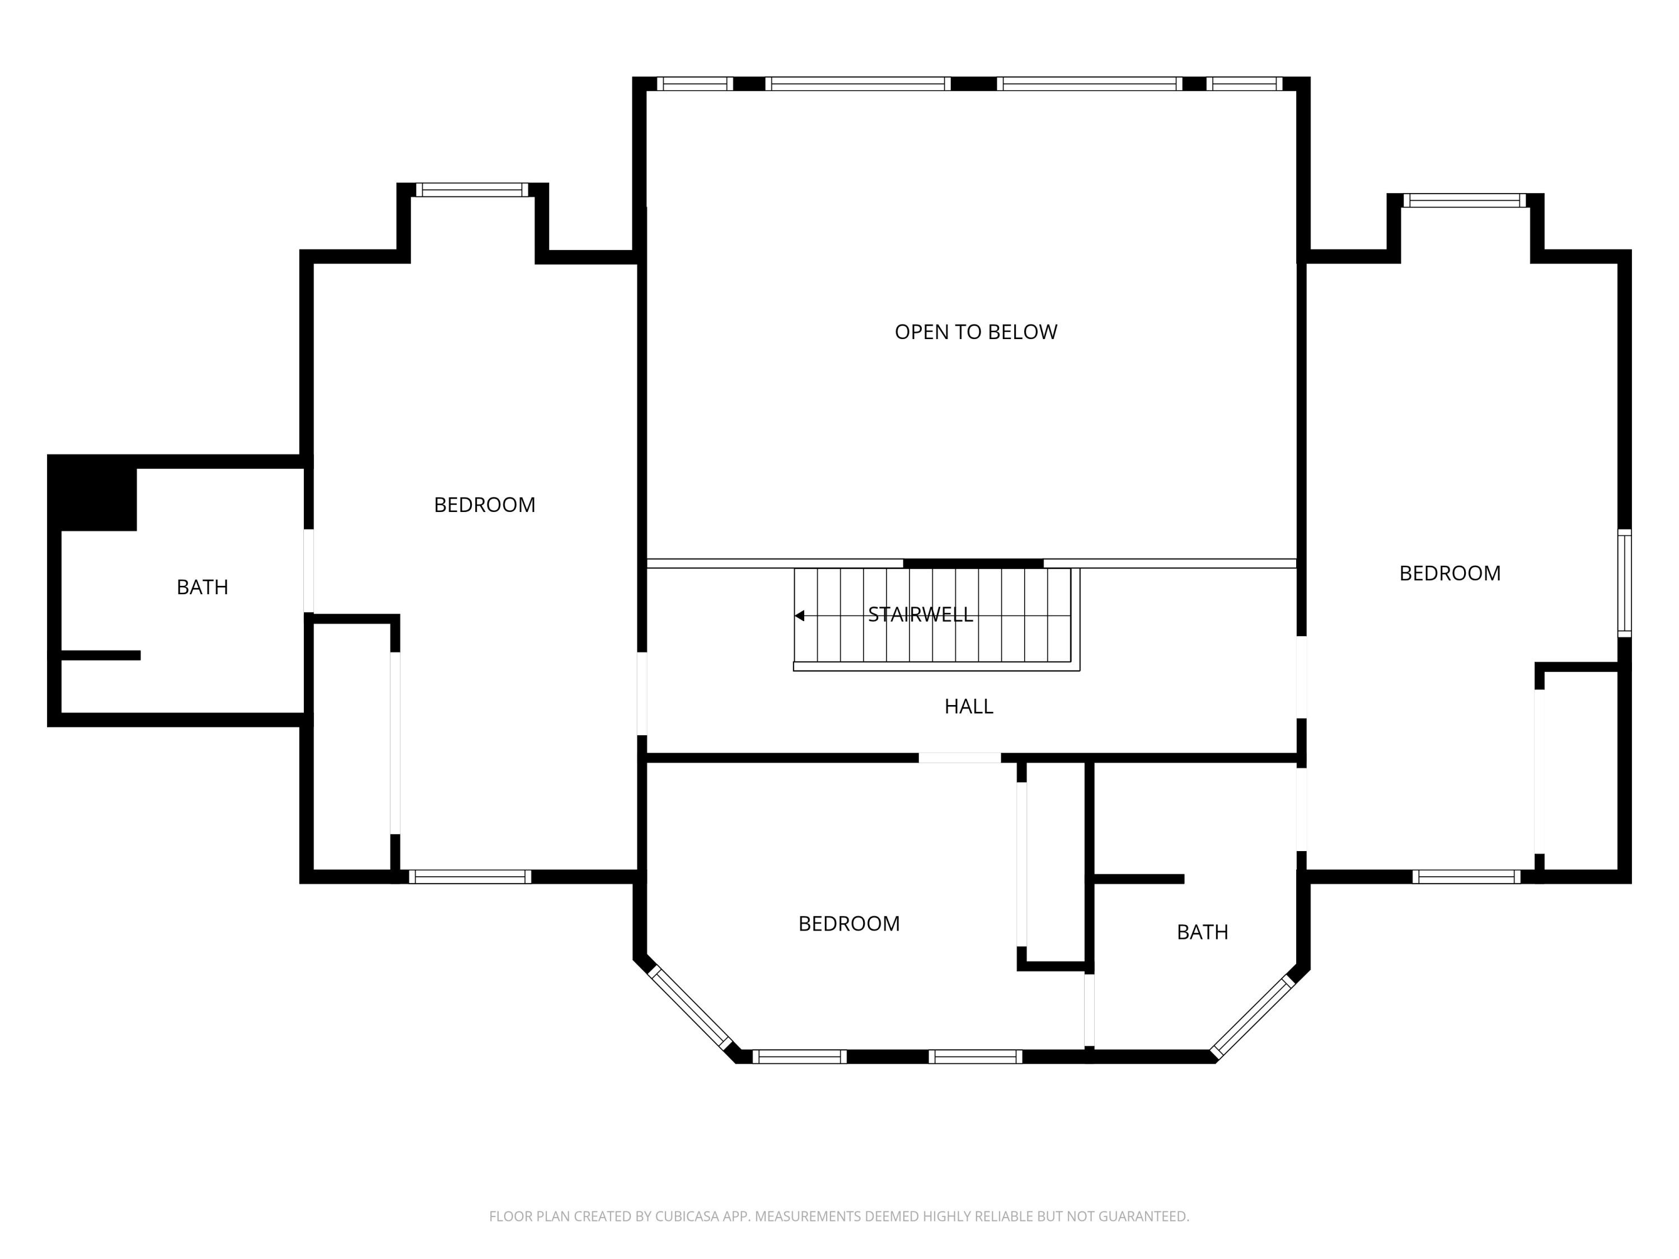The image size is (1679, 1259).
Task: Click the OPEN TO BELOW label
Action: pyautogui.click(x=975, y=332)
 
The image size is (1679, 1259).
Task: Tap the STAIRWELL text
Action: pyautogui.click(x=920, y=615)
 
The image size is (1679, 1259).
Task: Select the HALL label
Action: pyautogui.click(x=969, y=707)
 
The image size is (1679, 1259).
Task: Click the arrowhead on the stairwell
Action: pyautogui.click(x=799, y=616)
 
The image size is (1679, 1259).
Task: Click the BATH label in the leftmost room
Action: pyautogui.click(x=202, y=588)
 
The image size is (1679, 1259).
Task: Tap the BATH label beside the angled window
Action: pyautogui.click(x=1202, y=932)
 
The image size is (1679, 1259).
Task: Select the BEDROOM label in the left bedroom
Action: pyautogui.click(x=484, y=505)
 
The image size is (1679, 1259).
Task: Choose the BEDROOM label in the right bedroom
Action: pyautogui.click(x=1450, y=573)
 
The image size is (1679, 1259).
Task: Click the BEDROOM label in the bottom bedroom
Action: pyautogui.click(x=848, y=924)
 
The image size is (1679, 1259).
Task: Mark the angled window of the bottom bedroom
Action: pyautogui.click(x=689, y=1007)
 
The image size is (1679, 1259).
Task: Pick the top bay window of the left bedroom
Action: pyautogui.click(x=472, y=190)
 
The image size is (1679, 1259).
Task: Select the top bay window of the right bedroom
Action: pyautogui.click(x=1464, y=200)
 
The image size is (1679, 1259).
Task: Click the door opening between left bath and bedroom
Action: pyautogui.click(x=308, y=571)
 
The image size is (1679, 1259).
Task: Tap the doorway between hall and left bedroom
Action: pyautogui.click(x=641, y=694)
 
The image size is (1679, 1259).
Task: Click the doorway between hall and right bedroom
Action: pyautogui.click(x=1301, y=677)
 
